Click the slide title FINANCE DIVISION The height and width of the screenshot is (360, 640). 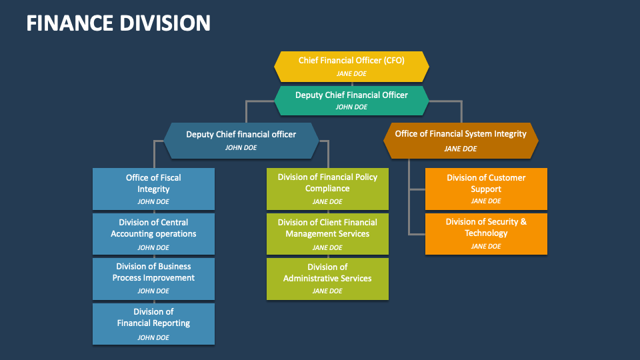click(119, 23)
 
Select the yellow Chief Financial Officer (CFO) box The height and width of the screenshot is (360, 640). click(351, 66)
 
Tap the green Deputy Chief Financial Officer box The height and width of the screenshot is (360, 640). click(351, 100)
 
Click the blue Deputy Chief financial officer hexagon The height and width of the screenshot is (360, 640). click(241, 140)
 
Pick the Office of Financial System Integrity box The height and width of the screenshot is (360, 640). click(460, 140)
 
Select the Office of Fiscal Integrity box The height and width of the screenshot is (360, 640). click(153, 189)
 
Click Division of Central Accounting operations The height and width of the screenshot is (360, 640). click(153, 233)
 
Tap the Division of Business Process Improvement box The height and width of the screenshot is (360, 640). click(153, 278)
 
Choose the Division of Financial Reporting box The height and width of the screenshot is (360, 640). click(153, 323)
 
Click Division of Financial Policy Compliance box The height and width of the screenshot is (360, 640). click(327, 189)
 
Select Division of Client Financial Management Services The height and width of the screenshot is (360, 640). click(327, 233)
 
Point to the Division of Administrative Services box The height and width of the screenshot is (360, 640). click(327, 279)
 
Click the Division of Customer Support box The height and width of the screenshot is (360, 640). click(486, 189)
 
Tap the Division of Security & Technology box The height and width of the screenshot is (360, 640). click(486, 233)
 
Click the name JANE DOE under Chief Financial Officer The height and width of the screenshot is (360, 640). click(351, 73)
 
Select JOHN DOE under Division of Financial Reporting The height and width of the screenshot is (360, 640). click(153, 337)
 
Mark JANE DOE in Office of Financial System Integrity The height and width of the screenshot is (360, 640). click(460, 149)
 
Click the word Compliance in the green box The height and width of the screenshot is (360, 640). click(327, 189)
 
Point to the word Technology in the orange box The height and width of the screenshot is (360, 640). click(486, 233)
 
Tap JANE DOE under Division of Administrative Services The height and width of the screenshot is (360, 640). click(327, 291)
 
